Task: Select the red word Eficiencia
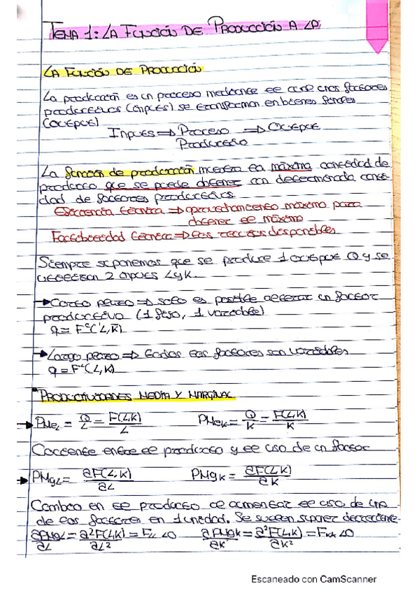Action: point(80,210)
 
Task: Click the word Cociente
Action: point(67,448)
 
